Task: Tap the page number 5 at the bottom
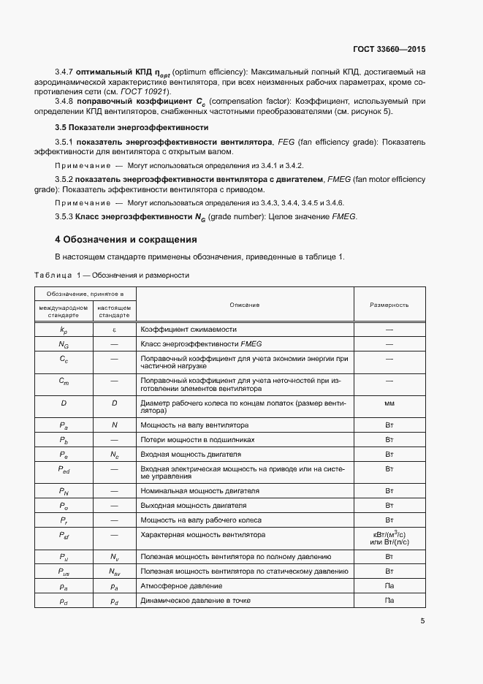422,621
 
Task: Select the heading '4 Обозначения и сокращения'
126,239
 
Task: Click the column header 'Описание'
244,304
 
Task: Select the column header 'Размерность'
389,304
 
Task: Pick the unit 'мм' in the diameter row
389,403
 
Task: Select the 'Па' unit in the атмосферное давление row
389,586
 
